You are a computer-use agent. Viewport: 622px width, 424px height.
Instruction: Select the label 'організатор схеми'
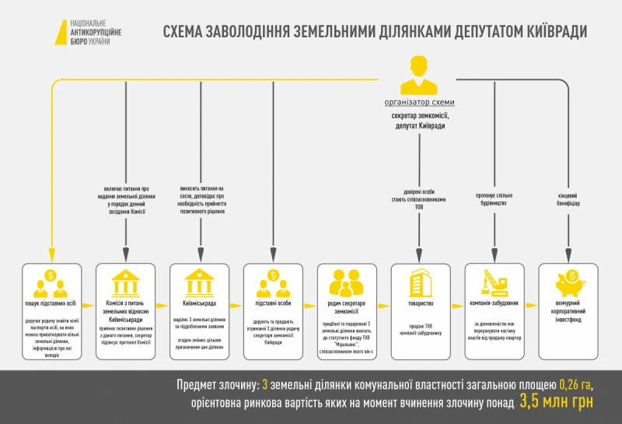click(419, 103)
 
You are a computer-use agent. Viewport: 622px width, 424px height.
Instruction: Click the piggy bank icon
click(570, 281)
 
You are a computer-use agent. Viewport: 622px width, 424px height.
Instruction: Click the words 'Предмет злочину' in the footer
click(215, 384)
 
